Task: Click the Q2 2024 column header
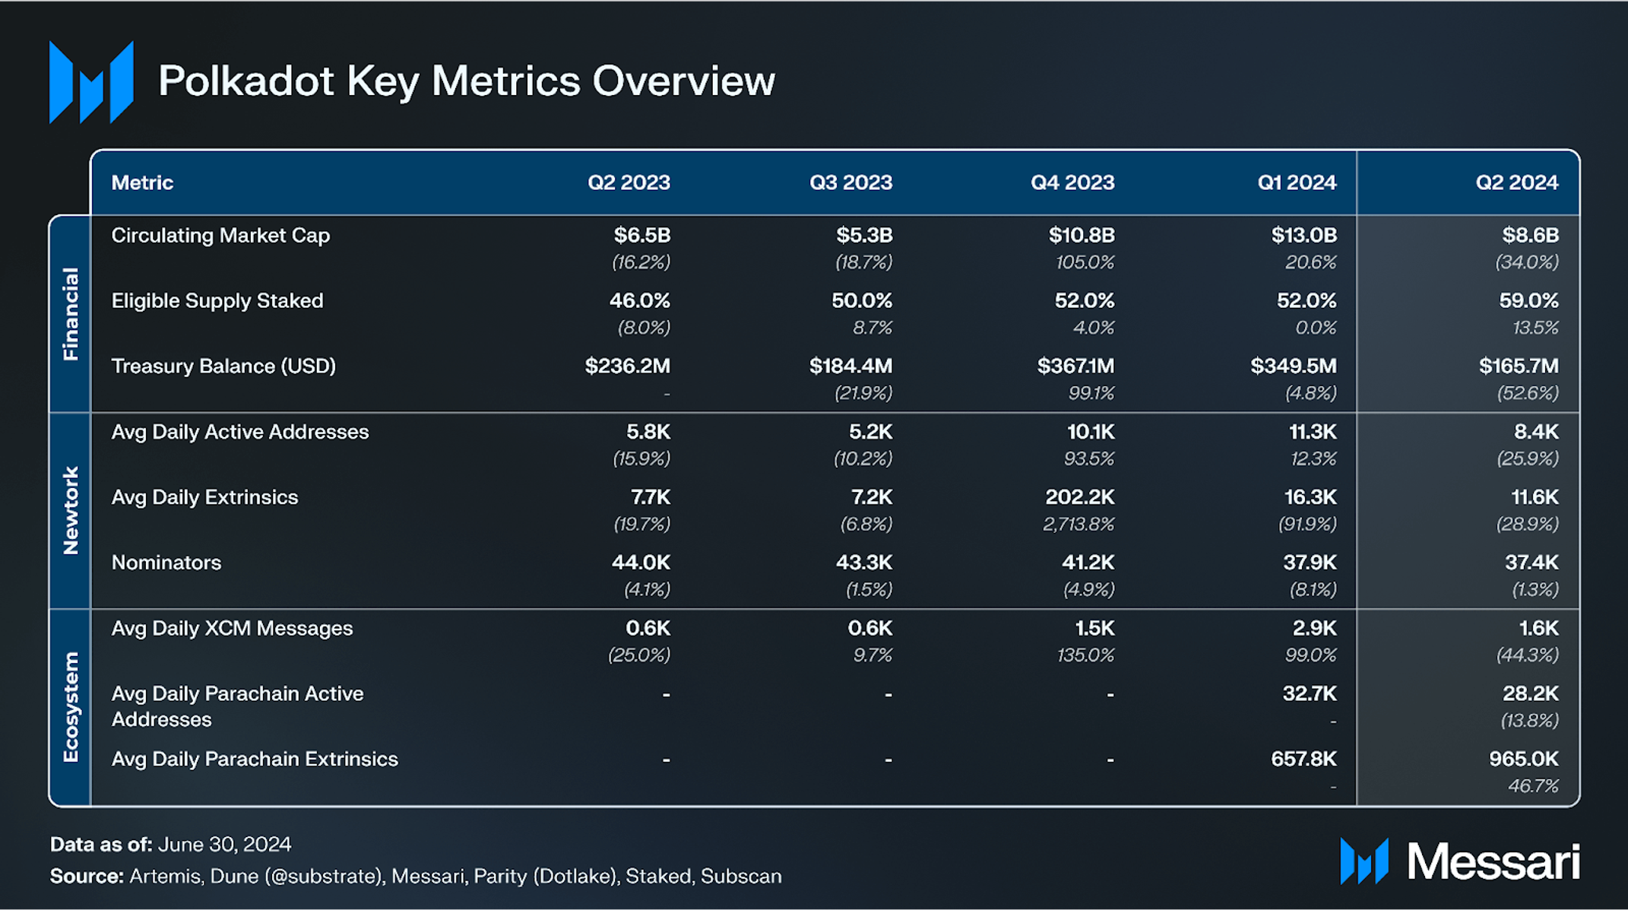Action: click(1516, 182)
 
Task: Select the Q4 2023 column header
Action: click(1072, 182)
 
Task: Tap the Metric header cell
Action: click(142, 182)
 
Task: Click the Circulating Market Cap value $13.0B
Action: click(1303, 235)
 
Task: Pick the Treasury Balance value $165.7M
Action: click(1519, 366)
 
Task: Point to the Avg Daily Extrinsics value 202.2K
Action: click(1079, 497)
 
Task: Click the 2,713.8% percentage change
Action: click(1078, 524)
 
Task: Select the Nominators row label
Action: click(166, 563)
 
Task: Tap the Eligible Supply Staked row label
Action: click(217, 301)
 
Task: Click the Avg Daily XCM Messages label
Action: click(232, 628)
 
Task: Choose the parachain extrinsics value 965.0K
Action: click(1523, 759)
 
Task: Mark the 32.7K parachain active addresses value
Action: click(1310, 693)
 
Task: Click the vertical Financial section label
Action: click(71, 313)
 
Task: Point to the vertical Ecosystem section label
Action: click(71, 707)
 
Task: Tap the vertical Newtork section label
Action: click(71, 510)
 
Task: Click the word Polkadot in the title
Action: click(245, 81)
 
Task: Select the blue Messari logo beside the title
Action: click(91, 82)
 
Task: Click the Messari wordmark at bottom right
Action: click(1493, 862)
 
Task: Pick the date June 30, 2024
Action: click(225, 845)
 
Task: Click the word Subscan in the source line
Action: click(741, 876)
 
